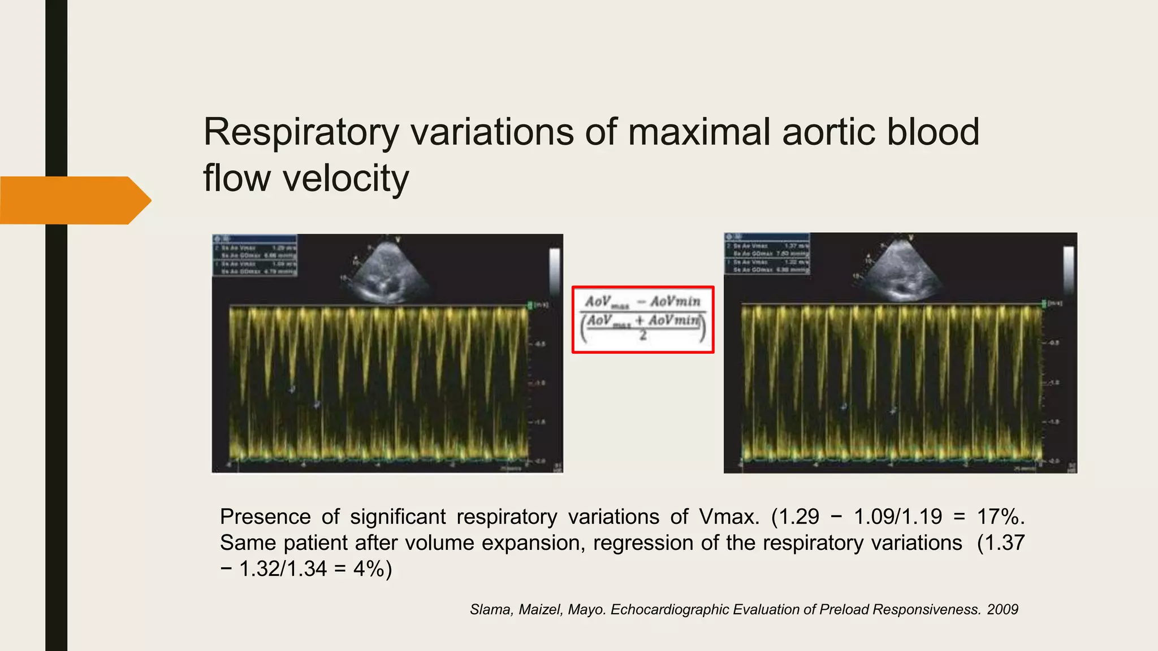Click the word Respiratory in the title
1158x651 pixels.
(301, 132)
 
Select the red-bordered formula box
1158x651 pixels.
(643, 319)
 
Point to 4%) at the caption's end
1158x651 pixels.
(372, 568)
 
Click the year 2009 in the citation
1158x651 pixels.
(1003, 609)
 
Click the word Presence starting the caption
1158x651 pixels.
(265, 517)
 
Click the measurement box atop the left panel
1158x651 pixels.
(254, 256)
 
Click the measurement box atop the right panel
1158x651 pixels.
(767, 254)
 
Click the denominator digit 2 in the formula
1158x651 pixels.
(643, 336)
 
